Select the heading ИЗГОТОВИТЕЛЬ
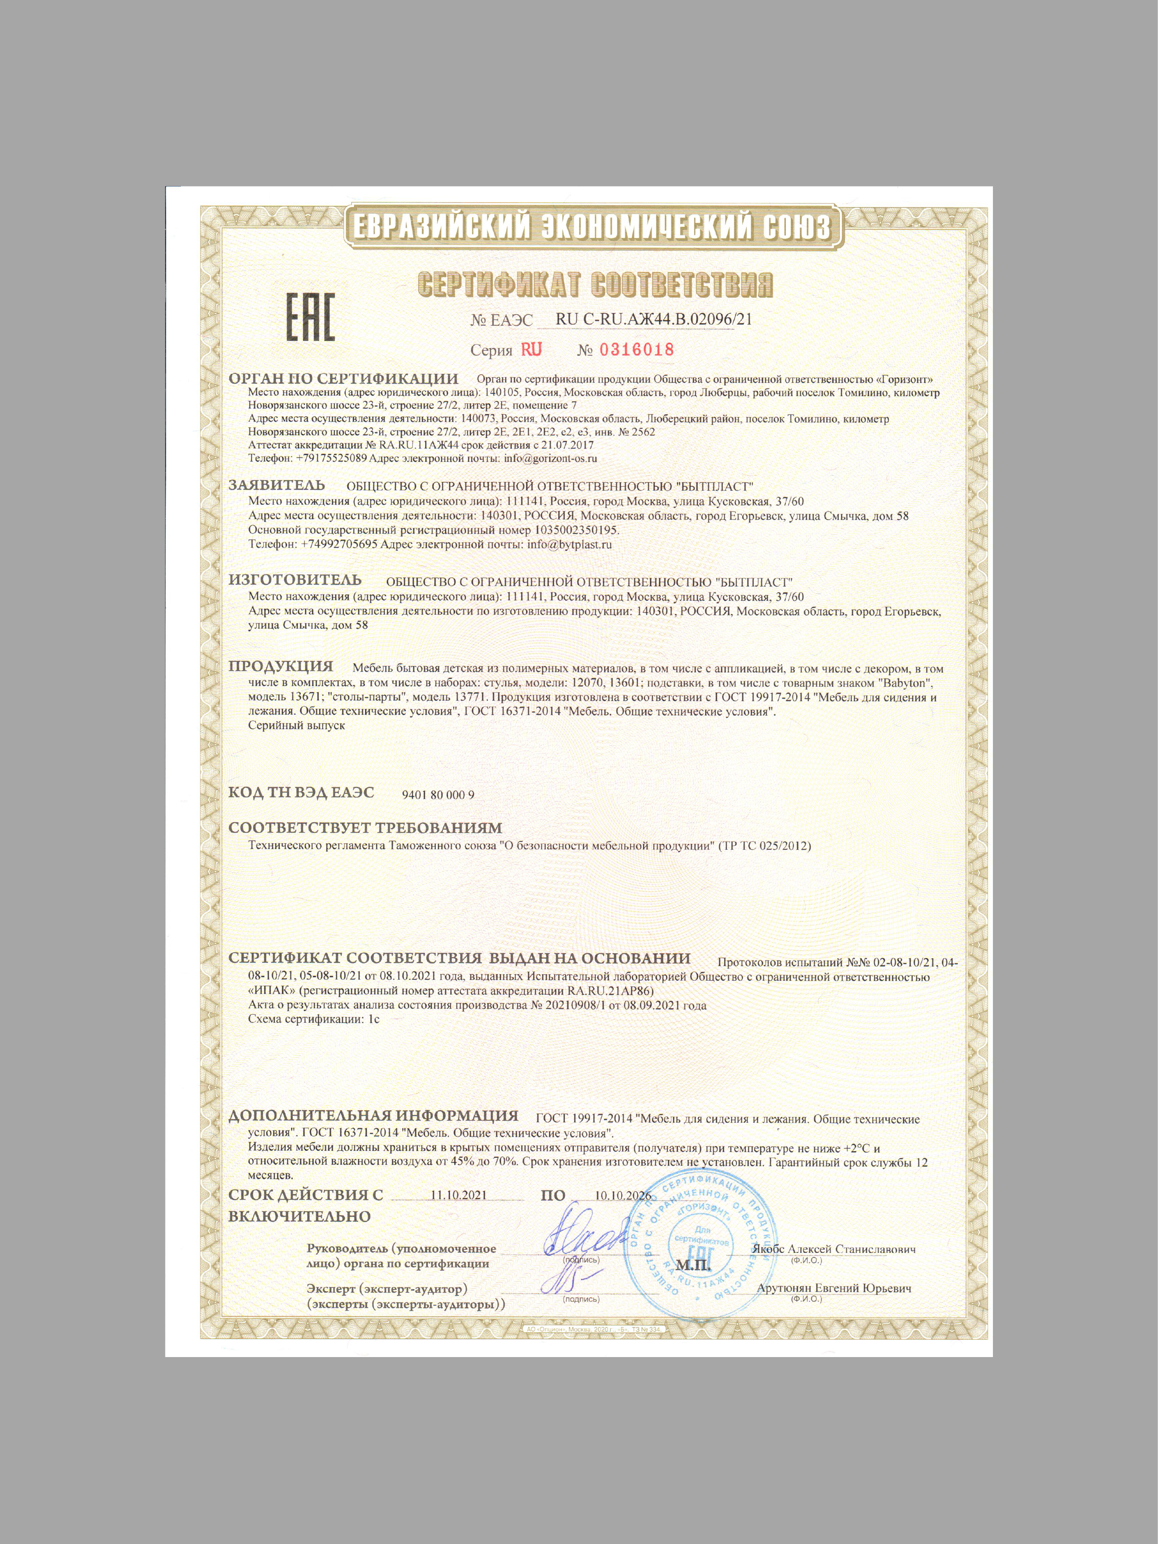295,580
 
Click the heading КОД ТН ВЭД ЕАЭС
301,793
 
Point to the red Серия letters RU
531,350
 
